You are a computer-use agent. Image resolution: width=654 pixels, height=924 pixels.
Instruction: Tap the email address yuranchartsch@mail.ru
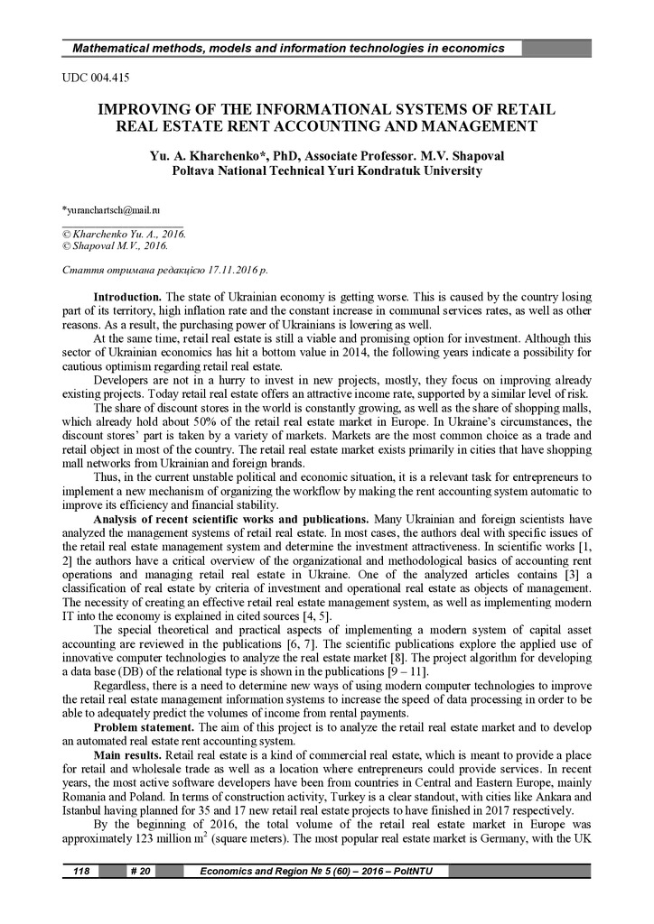[110, 209]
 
